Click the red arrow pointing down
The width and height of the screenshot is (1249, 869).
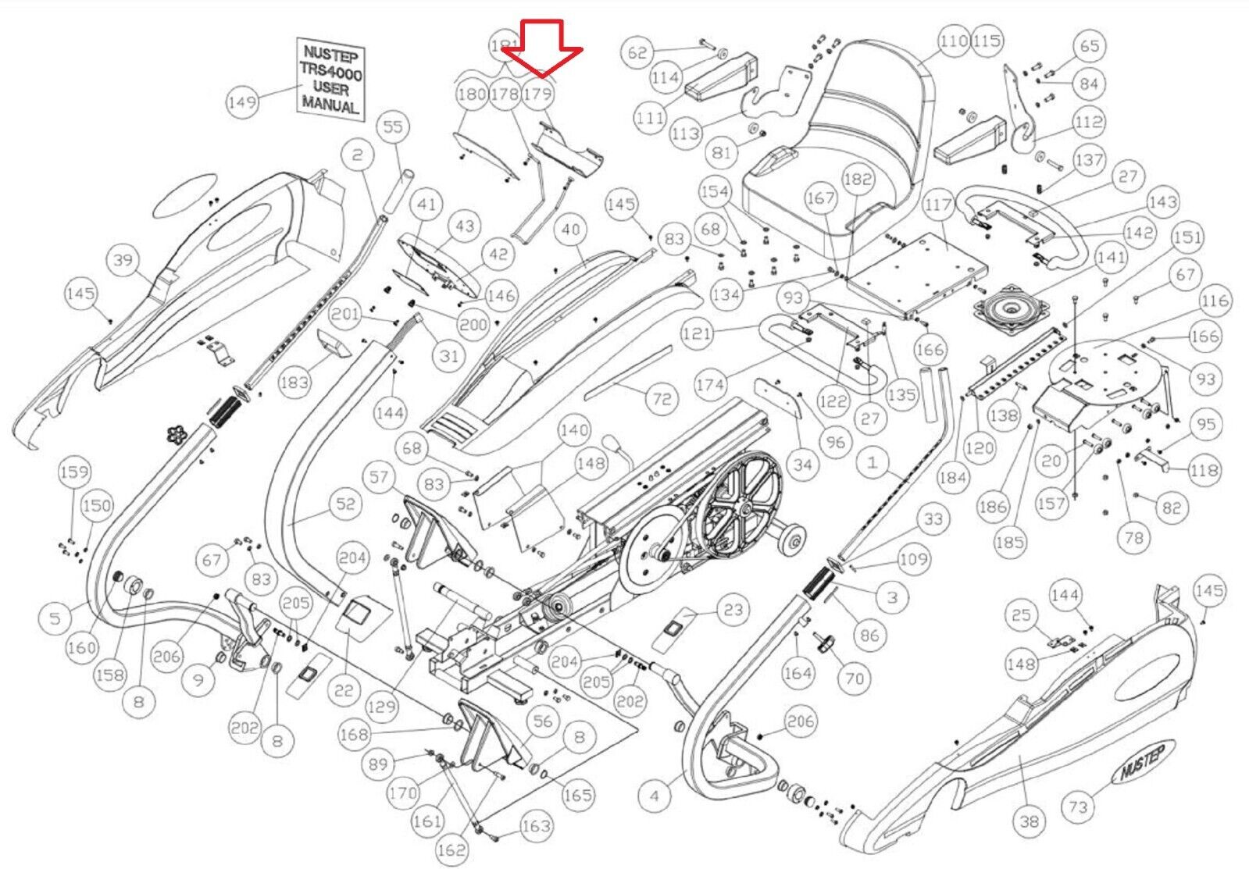(x=541, y=48)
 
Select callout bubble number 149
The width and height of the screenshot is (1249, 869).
(x=242, y=102)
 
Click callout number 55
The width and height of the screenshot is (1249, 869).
(x=393, y=126)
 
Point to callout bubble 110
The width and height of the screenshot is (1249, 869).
(x=954, y=41)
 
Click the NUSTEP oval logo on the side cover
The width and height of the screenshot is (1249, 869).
(x=1142, y=763)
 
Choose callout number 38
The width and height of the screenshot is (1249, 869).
(x=1030, y=821)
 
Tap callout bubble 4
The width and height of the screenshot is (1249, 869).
(x=654, y=796)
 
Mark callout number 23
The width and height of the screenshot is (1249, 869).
(x=733, y=609)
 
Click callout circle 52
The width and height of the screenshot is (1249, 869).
(x=345, y=504)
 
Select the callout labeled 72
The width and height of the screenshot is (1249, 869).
(x=662, y=399)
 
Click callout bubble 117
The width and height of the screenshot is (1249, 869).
(x=938, y=205)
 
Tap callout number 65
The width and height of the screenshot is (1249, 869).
(x=1090, y=46)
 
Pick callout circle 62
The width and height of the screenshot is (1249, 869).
(x=637, y=52)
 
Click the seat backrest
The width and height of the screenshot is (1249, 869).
(x=867, y=102)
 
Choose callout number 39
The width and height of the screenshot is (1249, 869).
(x=123, y=260)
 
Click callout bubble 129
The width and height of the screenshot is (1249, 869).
(x=381, y=707)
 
